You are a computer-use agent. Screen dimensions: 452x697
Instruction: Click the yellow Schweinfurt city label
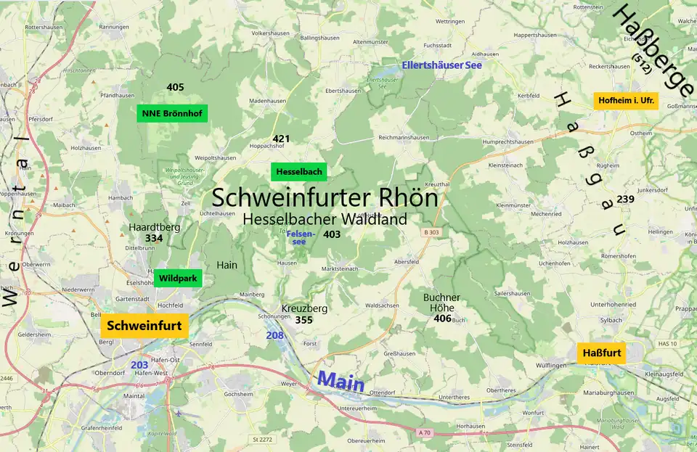tap(144, 326)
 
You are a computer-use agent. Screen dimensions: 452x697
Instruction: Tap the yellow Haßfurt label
tap(601, 353)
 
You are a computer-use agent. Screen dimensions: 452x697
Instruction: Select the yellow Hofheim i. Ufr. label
tap(625, 101)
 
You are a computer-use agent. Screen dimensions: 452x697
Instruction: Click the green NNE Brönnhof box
tap(172, 113)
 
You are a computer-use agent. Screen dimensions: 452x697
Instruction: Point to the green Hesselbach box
tap(298, 172)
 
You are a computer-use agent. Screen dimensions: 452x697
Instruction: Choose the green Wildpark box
tap(178, 278)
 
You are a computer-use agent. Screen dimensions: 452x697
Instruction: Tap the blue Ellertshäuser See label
tap(442, 65)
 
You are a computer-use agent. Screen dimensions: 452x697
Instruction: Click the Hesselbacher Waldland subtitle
tap(325, 218)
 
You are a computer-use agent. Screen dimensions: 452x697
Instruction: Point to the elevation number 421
tap(281, 139)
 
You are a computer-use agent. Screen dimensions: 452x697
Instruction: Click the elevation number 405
tap(175, 87)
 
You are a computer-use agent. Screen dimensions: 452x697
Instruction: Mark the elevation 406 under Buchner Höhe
tap(442, 319)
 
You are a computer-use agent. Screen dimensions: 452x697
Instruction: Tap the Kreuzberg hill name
tap(304, 308)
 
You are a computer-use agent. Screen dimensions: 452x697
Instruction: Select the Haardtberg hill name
tap(154, 227)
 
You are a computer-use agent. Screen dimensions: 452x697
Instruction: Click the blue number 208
tap(274, 335)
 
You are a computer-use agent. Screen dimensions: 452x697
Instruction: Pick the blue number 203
tap(139, 364)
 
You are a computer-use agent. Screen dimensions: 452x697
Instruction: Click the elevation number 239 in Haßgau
tap(625, 199)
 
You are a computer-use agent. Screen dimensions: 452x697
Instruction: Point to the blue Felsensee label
tap(301, 237)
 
